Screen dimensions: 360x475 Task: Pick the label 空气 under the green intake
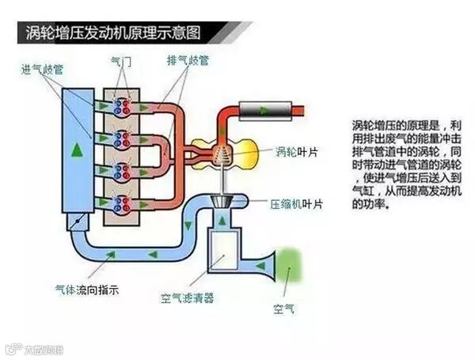tap(283, 308)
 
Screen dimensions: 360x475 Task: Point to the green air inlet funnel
tap(289, 264)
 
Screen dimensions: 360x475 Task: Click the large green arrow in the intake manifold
tap(76, 149)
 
